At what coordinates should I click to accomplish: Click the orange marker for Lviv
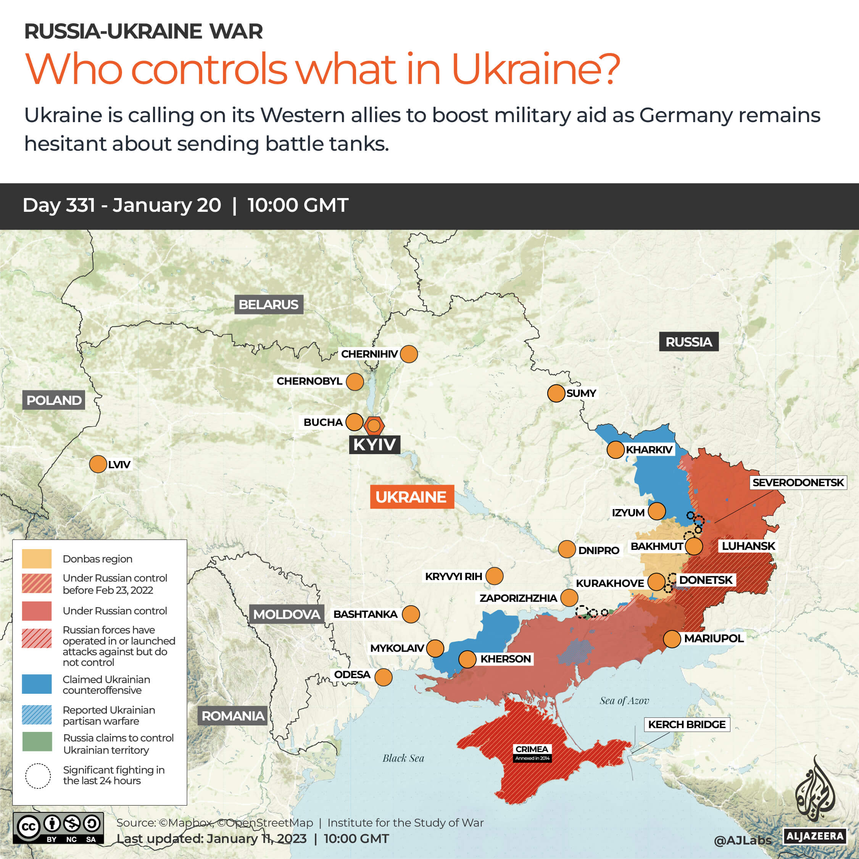click(x=98, y=464)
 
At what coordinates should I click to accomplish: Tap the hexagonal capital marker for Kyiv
click(x=374, y=425)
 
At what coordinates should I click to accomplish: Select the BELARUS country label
click(x=269, y=305)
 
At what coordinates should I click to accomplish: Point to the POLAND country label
click(x=54, y=400)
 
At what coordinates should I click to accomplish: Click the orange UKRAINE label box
click(x=412, y=496)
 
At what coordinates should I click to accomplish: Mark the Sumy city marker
click(x=556, y=393)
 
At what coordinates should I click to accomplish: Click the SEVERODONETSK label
click(x=798, y=482)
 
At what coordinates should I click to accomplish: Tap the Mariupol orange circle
click(x=672, y=639)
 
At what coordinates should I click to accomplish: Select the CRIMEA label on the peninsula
click(x=532, y=749)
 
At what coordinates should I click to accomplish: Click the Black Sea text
click(x=403, y=758)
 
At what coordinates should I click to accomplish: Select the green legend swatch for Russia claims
click(x=37, y=741)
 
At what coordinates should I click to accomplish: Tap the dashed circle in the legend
click(x=38, y=776)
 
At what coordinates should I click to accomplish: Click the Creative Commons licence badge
click(x=58, y=828)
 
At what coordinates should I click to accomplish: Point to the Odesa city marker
click(x=383, y=677)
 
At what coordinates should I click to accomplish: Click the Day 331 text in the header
click(x=59, y=205)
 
